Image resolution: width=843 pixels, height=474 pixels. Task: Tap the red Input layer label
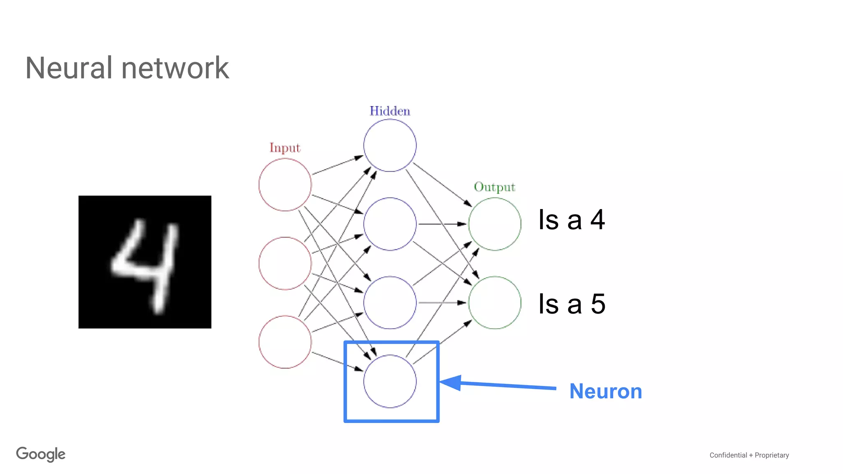tap(285, 148)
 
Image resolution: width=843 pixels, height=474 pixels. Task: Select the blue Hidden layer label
tap(390, 111)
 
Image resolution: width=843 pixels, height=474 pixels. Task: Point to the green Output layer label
tap(494, 187)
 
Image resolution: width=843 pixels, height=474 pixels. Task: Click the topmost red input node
tap(285, 185)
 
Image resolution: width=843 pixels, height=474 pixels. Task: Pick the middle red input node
tap(285, 263)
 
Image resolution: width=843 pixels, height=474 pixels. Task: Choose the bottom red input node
tap(285, 342)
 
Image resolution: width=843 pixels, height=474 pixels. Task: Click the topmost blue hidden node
tap(390, 145)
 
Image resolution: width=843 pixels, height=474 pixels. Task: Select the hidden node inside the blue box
tap(390, 381)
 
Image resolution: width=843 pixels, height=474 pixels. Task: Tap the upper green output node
tap(494, 224)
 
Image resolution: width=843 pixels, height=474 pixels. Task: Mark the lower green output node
tap(494, 302)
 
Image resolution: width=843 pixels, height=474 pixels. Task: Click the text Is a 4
tap(571, 220)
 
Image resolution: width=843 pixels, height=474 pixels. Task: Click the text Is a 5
tap(571, 304)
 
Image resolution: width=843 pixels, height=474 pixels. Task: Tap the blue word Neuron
tap(605, 391)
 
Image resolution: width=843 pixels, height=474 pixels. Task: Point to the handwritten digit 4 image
tap(145, 262)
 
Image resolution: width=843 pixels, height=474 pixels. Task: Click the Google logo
tap(41, 454)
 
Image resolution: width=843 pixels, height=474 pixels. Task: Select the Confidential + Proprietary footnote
tap(749, 455)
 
